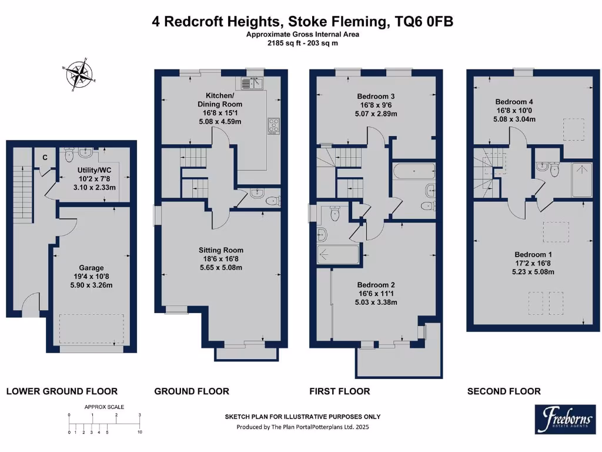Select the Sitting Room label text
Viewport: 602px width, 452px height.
click(x=220, y=250)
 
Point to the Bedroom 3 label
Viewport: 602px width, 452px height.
click(x=376, y=96)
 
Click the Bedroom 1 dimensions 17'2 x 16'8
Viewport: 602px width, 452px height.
click(x=533, y=263)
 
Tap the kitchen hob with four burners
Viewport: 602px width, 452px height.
click(x=274, y=125)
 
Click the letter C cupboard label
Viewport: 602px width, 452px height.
click(x=45, y=157)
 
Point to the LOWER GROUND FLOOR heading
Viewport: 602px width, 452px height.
click(x=62, y=391)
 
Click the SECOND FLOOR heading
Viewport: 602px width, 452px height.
click(x=504, y=391)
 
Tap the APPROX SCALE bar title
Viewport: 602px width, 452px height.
click(x=104, y=407)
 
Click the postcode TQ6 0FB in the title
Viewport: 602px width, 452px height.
click(x=421, y=22)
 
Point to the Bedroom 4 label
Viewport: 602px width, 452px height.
click(x=514, y=101)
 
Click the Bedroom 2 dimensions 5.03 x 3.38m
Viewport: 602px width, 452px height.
click(x=376, y=303)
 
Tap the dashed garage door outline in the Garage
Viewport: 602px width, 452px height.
click(x=92, y=328)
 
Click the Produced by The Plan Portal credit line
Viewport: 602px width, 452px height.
click(x=303, y=427)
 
